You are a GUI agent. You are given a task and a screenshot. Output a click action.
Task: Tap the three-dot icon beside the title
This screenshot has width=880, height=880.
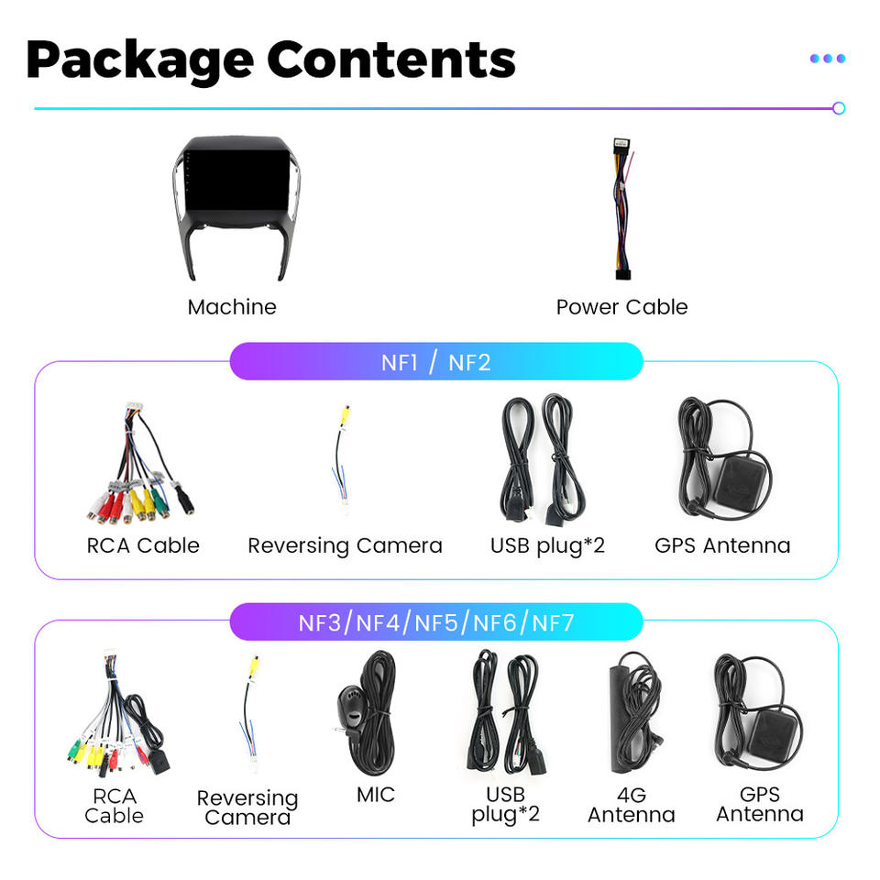point(827,59)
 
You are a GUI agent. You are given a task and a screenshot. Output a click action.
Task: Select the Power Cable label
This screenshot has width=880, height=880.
point(621,307)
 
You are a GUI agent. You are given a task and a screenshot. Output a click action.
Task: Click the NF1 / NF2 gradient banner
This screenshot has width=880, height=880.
point(435,361)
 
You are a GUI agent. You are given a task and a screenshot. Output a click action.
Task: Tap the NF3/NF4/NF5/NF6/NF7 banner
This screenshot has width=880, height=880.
point(435,623)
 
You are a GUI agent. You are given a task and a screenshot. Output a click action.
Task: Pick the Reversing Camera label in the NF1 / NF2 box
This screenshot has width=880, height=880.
point(345,545)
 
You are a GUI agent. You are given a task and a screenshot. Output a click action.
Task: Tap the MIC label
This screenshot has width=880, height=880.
point(376,794)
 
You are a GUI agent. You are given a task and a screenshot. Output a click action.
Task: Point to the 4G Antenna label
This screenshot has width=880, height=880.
point(632,804)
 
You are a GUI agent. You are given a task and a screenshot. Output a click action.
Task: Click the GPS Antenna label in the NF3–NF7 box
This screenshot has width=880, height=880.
point(760,804)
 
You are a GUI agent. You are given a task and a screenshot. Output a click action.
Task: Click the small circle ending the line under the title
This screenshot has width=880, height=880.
point(838,108)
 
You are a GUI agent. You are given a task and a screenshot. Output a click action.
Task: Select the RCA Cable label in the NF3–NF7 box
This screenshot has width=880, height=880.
point(115,806)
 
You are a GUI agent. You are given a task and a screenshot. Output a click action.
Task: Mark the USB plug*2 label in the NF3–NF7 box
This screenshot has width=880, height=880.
point(505,804)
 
